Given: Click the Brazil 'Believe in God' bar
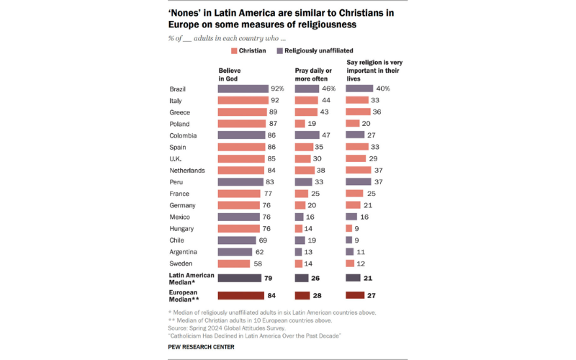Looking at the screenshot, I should (243, 89).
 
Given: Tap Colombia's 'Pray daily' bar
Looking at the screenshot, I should (309, 135).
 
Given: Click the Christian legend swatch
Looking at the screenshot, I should (234, 51).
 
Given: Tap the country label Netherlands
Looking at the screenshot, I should (187, 171).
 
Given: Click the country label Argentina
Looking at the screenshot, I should (184, 252).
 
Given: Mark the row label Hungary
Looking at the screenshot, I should (182, 229).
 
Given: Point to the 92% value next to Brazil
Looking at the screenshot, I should (278, 89).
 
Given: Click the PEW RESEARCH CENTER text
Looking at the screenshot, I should (202, 347).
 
